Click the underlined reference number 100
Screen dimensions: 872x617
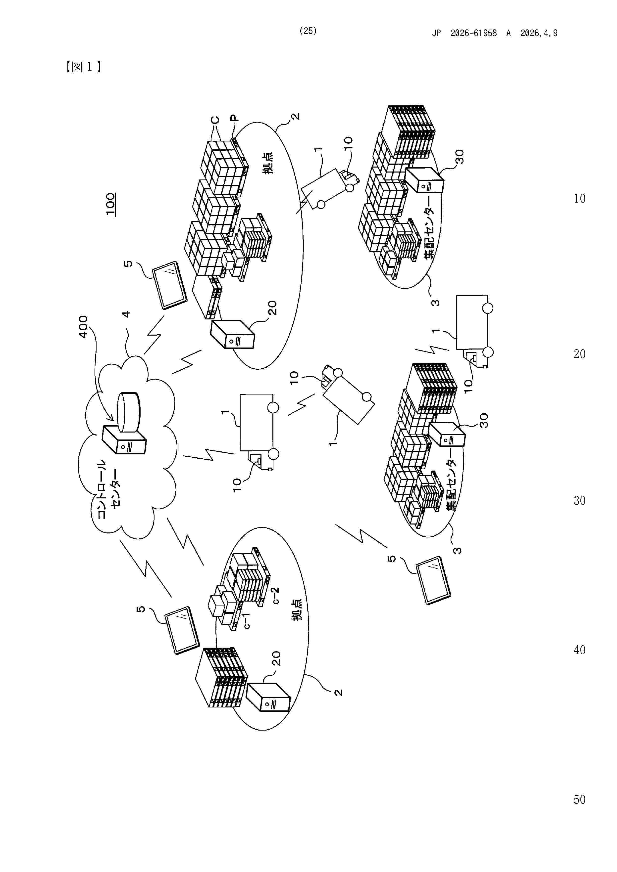pyautogui.click(x=111, y=204)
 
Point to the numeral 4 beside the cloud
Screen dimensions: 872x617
pyautogui.click(x=126, y=314)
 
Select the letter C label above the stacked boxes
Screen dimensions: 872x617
pyautogui.click(x=215, y=120)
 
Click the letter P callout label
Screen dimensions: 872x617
pyautogui.click(x=235, y=118)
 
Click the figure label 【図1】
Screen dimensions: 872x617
pyautogui.click(x=83, y=67)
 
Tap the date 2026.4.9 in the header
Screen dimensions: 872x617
pyautogui.click(x=539, y=33)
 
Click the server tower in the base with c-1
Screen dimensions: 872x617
pyautogui.click(x=268, y=698)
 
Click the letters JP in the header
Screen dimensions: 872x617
pyautogui.click(x=436, y=33)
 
